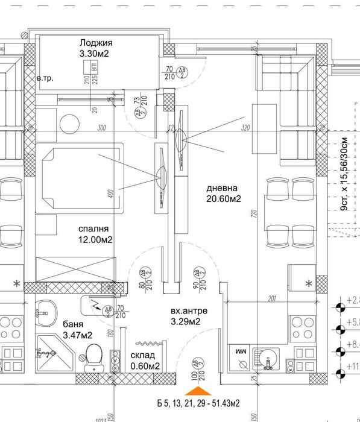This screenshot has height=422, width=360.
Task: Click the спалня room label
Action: [93, 228]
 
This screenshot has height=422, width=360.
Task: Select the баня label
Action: [72, 324]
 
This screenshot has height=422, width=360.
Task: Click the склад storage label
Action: [144, 355]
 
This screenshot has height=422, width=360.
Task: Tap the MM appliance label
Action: [240, 350]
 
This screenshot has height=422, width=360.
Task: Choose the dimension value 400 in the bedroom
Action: [110, 194]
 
